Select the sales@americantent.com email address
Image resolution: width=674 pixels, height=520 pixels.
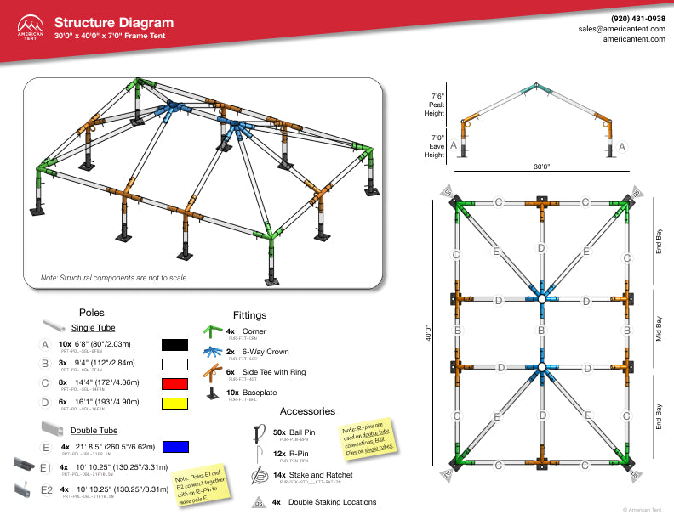(621, 28)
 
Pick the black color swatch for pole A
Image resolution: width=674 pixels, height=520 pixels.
(174, 345)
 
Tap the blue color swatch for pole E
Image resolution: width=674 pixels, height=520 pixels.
(174, 446)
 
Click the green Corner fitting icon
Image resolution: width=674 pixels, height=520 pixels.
(213, 332)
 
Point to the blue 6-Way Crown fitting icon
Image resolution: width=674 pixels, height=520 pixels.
(213, 352)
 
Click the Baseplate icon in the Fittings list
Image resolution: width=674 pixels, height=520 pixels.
(213, 393)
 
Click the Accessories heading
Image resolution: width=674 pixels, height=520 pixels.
(307, 410)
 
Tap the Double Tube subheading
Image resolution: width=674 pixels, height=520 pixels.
(94, 430)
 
